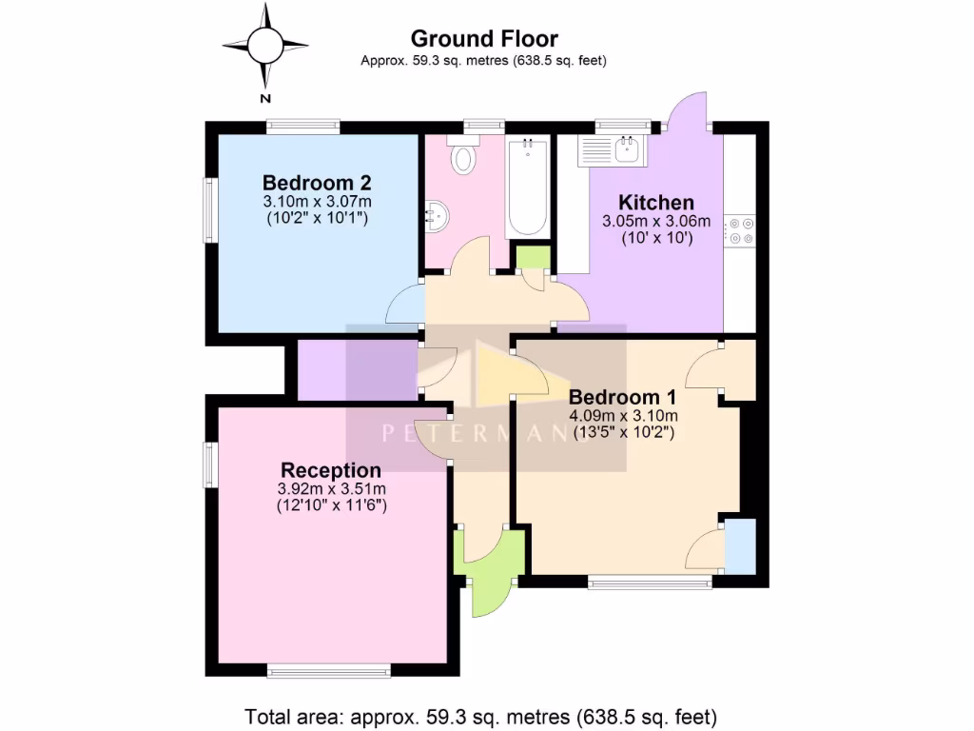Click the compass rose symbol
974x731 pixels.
tap(265, 44)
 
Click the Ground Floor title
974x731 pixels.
tap(484, 39)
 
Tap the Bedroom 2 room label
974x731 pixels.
tap(317, 183)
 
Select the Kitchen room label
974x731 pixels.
tap(656, 203)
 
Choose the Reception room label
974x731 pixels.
tap(331, 470)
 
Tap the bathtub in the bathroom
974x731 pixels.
tap(526, 188)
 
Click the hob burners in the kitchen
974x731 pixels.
tap(740, 231)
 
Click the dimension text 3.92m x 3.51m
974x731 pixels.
tap(331, 489)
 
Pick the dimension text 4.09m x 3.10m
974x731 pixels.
tap(623, 416)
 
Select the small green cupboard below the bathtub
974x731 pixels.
tap(531, 258)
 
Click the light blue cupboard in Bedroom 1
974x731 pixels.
tap(740, 546)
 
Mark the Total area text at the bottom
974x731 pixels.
tap(480, 716)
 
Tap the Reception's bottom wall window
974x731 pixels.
tap(329, 671)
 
